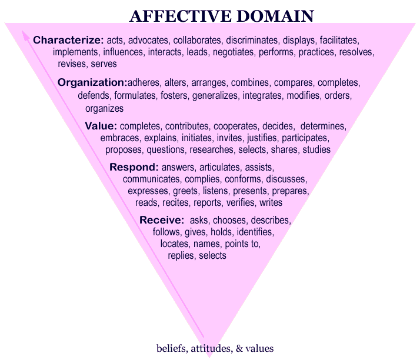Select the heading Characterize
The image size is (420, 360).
coord(68,40)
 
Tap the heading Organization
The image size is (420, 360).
coord(92,82)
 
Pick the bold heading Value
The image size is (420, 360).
coord(101,126)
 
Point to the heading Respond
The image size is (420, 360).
coord(134,167)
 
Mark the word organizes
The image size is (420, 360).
coord(104,108)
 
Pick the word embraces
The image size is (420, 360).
coord(119,138)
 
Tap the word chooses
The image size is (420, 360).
coord(228,221)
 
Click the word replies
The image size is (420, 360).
coord(181,255)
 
